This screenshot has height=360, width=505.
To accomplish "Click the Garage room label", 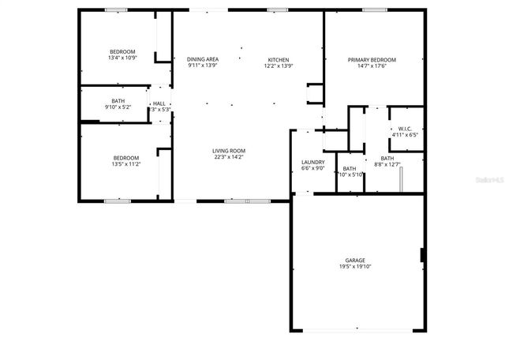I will coord(354,261).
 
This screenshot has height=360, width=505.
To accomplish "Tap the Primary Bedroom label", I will coord(373,60).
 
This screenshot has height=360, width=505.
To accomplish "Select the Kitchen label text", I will coord(279,60).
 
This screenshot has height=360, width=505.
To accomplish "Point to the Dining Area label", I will coord(203,60).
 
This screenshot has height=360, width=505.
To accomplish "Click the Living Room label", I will coord(229,151).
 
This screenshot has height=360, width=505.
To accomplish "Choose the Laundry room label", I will coord(313,162).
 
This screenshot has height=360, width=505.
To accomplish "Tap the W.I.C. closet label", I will coord(405,129).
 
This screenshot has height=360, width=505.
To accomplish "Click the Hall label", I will coord(159,103).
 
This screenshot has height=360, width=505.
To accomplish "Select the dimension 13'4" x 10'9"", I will coord(122,58).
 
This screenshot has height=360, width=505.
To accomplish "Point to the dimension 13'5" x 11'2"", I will coord(126,163).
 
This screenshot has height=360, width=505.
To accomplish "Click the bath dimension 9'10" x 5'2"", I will coord(118,107).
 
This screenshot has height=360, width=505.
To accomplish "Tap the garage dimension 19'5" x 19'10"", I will coord(354,267).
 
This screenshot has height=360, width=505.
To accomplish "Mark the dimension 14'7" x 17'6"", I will coord(373,66).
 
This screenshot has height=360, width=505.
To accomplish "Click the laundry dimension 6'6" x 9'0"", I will coord(313,168).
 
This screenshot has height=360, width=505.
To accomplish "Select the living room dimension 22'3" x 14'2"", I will coord(229,157).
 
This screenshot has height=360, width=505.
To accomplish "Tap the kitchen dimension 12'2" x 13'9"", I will coord(279,66).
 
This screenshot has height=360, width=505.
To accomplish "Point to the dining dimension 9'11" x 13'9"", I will coord(203,66).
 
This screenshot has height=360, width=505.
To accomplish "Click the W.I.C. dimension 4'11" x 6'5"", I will coord(405,135).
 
